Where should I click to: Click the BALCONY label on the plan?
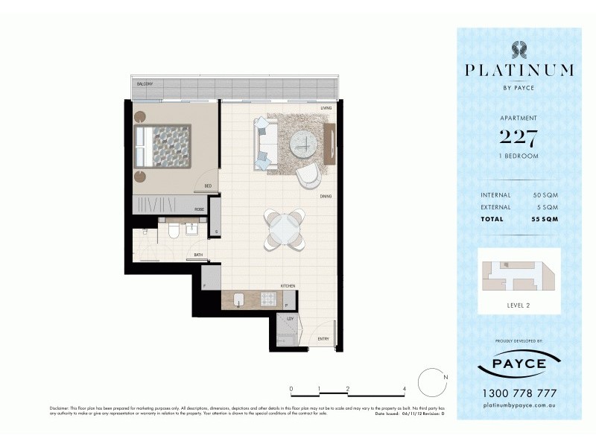click(x=144, y=84)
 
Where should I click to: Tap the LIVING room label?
click(x=326, y=109)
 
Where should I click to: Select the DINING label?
click(x=326, y=197)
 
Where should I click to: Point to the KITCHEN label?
click(x=288, y=285)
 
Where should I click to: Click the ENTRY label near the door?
click(x=323, y=339)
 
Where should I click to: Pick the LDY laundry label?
click(x=290, y=318)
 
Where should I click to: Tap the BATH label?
click(x=198, y=255)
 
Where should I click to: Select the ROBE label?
click(x=199, y=210)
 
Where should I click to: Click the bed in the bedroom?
click(x=162, y=146)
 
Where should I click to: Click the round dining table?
click(x=284, y=229)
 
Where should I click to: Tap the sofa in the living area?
click(x=265, y=144)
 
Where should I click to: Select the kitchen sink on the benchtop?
click(x=239, y=299)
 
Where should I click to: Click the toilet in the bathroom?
click(x=174, y=231)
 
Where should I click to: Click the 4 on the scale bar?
click(x=403, y=389)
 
